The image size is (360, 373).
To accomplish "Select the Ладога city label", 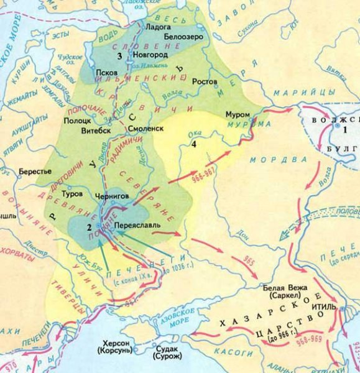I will [x=158, y=27].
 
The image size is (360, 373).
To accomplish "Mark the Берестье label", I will [x=35, y=169].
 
